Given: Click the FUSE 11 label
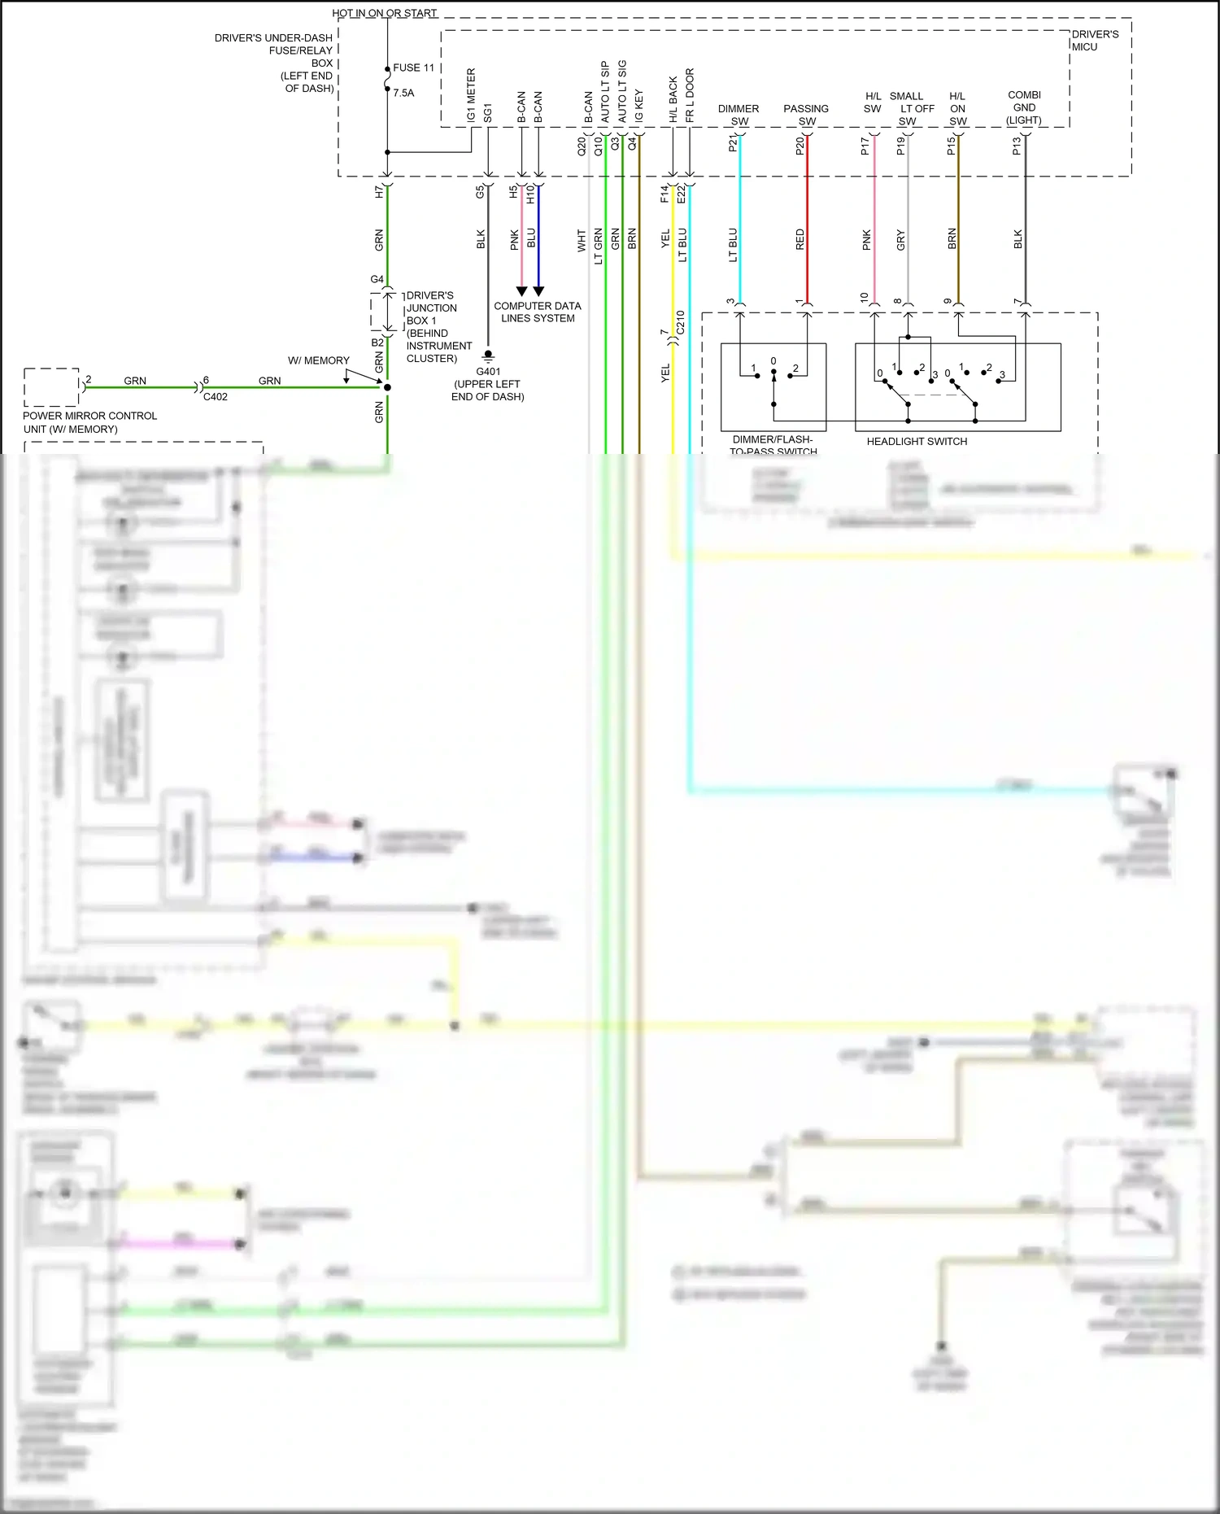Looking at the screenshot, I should pos(413,68).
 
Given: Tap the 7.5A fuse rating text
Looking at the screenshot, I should pos(403,94).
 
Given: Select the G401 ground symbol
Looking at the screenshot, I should pos(488,356).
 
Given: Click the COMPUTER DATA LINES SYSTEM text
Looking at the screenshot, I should pos(538,312).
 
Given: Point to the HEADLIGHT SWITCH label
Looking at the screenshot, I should pos(917,442).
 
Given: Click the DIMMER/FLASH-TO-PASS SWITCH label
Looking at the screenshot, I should pos(773,445).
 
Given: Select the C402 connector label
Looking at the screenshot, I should pos(216,397).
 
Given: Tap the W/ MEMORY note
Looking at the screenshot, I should pos(319,360).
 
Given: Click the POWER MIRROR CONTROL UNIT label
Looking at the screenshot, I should pos(89,422).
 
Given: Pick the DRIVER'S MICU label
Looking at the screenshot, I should pos(1095,41).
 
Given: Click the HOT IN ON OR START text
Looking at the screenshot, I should pos(385,13).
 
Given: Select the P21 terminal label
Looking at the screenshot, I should pos(733,144).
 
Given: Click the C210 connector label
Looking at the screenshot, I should pos(681,322).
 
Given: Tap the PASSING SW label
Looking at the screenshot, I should pos(806,115).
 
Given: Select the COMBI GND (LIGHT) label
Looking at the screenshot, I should pos(1024,107).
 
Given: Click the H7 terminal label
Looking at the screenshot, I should pos(379,192).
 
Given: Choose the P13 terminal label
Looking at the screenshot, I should pos(1017,146).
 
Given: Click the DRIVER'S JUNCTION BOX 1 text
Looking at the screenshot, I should pos(439,326).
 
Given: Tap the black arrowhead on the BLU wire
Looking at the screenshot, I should pos(538,290).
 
